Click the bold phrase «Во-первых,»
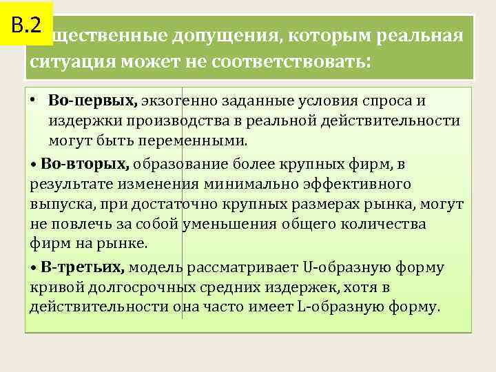point(93,101)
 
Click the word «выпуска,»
point(59,205)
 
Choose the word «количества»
point(385,225)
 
